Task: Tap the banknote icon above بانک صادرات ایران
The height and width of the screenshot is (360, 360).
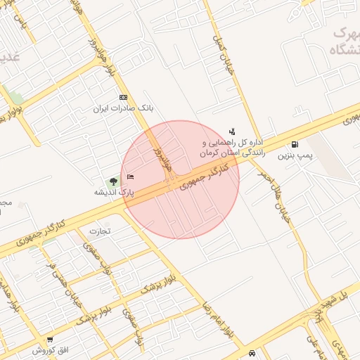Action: coord(124,97)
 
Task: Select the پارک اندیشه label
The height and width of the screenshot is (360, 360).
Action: coord(113,191)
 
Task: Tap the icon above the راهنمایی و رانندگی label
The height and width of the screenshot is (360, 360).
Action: coord(232,131)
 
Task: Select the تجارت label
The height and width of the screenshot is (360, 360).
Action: coord(100,231)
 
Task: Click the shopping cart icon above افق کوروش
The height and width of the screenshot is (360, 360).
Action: coord(50,340)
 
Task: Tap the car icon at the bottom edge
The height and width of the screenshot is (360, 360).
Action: coord(252,353)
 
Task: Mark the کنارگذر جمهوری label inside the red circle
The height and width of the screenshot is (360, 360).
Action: coord(204,177)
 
